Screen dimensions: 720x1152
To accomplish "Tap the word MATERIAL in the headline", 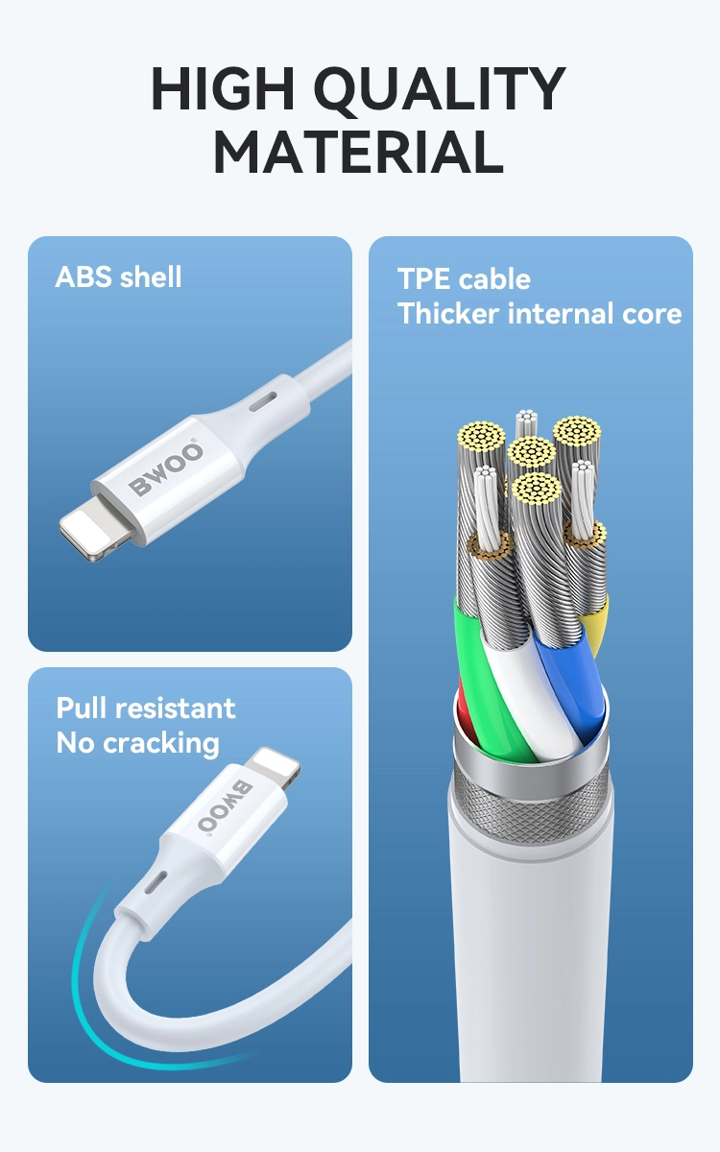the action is coord(358,153).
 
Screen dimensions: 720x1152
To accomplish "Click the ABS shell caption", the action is coord(118,276).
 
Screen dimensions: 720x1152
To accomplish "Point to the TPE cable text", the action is coord(464,278).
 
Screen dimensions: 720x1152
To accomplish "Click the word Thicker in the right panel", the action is coord(448,313).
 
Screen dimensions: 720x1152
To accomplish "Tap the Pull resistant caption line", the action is coord(146,708).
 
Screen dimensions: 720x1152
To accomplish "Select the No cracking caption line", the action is coord(138,744).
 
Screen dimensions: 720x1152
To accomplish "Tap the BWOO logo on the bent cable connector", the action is coord(226,805).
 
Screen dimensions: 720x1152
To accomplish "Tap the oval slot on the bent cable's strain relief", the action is coord(155,882).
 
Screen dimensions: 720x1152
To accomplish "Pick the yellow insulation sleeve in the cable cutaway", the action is coord(595,625).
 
